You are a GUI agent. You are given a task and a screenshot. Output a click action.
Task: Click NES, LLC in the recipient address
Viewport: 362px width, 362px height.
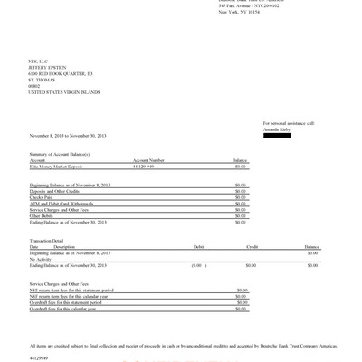(40, 59)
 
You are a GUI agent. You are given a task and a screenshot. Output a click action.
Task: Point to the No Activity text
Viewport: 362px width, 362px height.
(43, 260)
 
